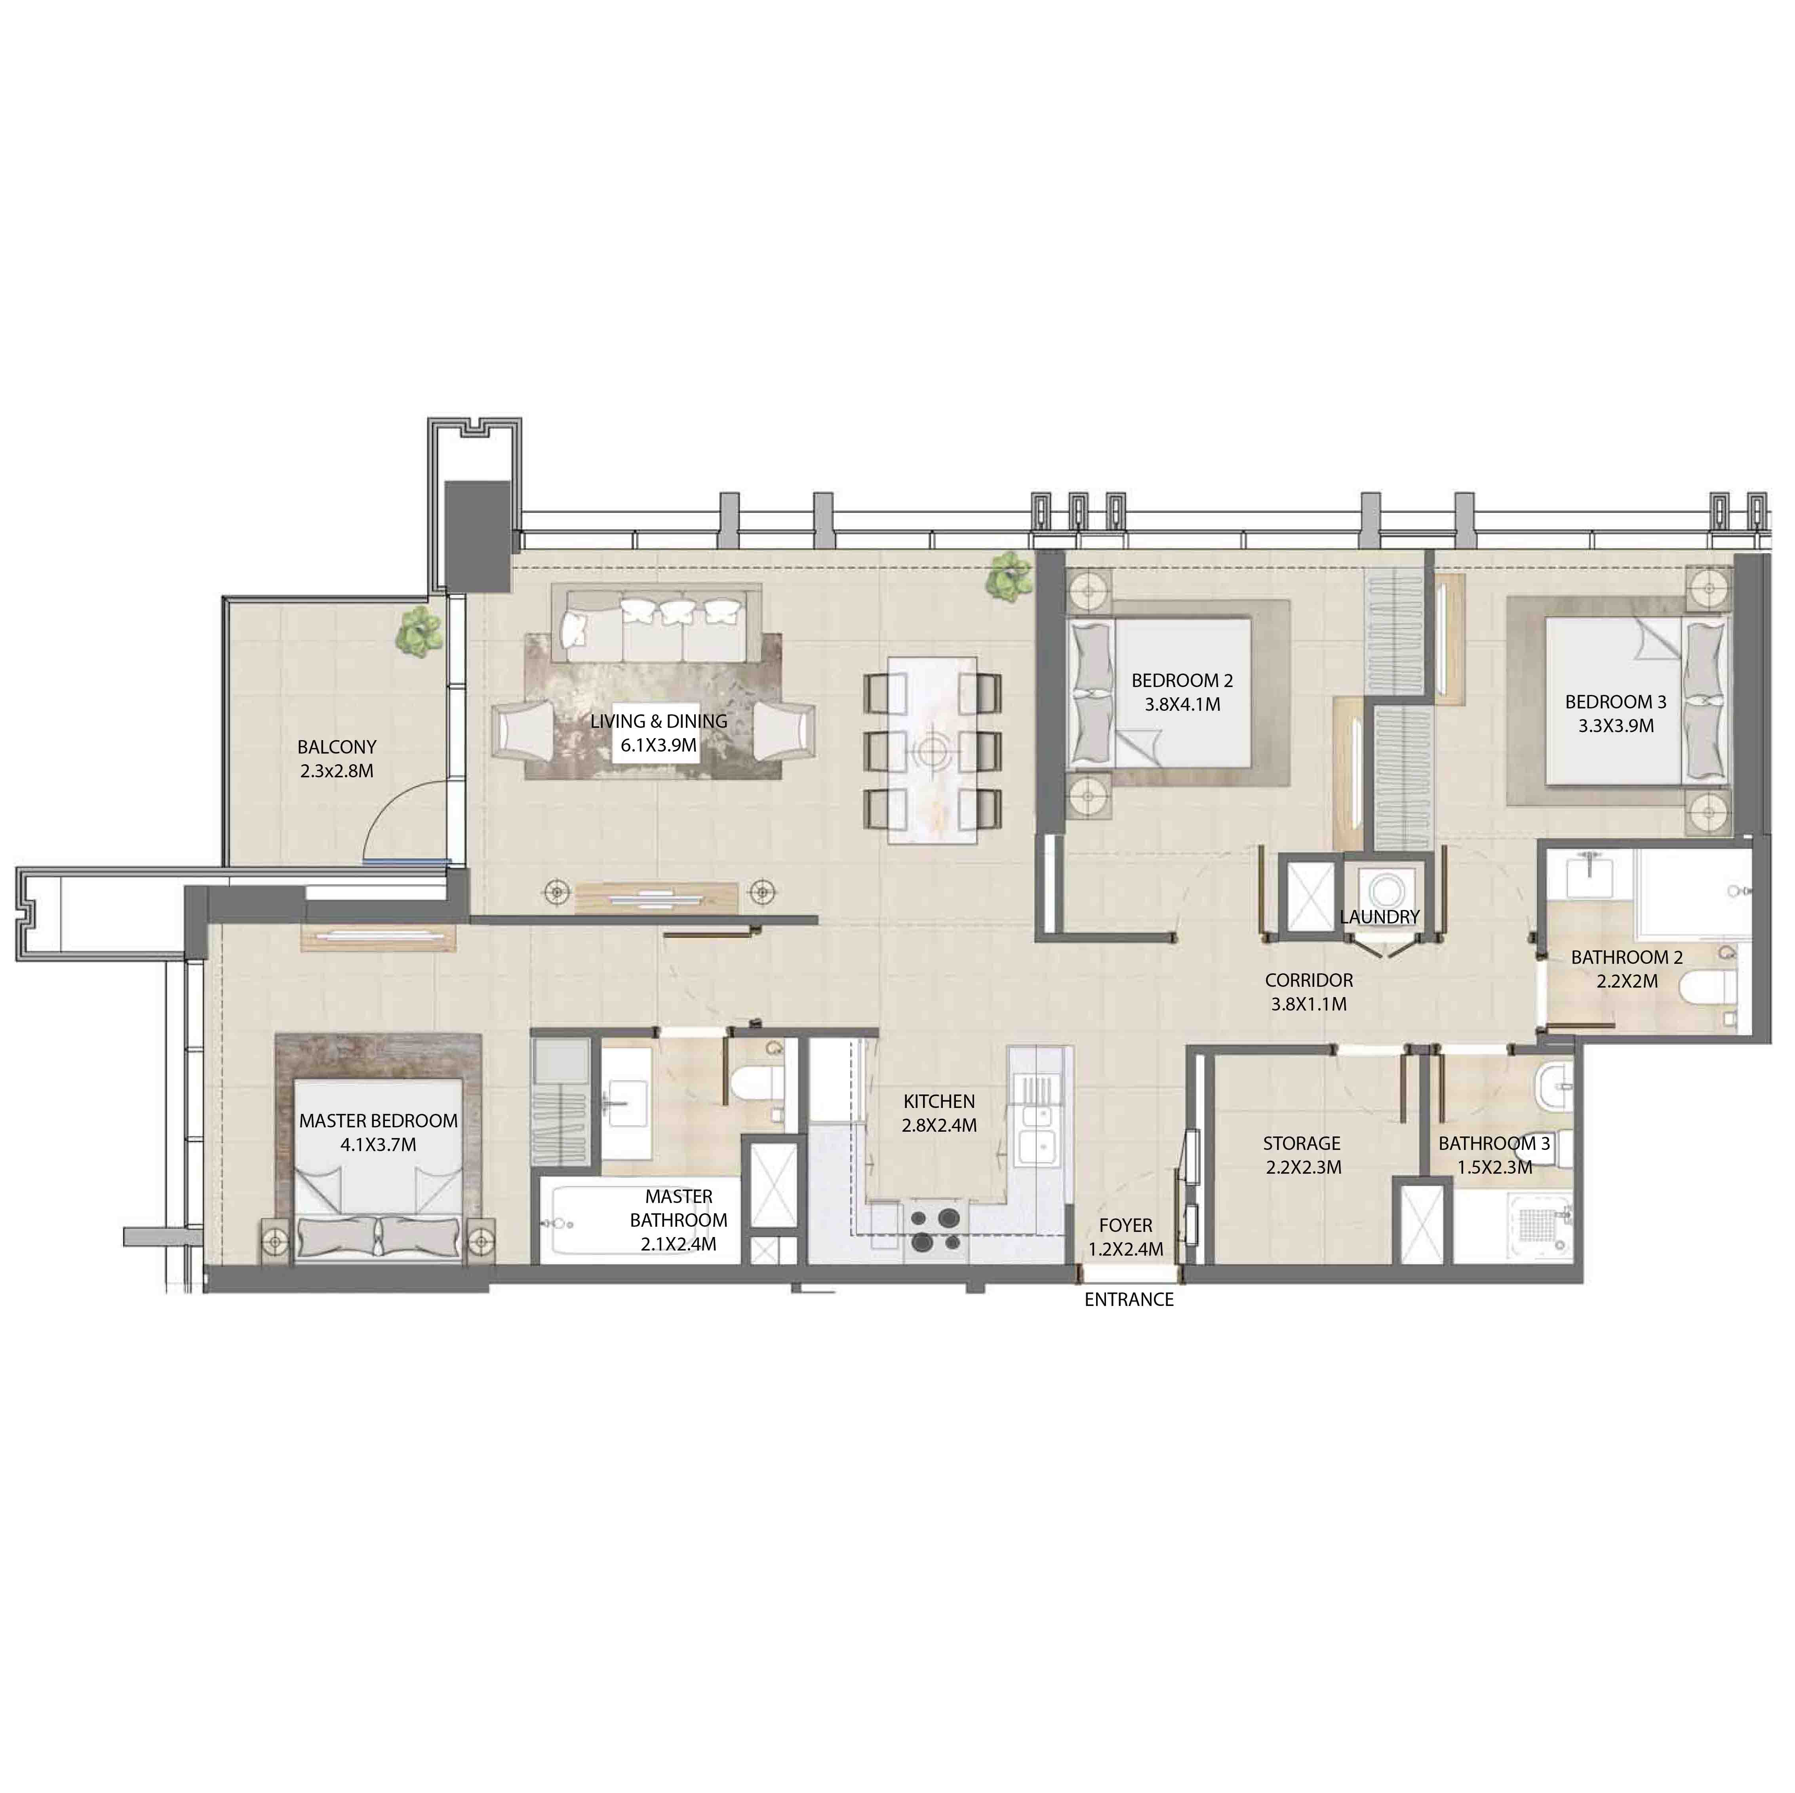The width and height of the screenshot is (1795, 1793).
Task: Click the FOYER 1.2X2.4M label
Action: point(1125,1237)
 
